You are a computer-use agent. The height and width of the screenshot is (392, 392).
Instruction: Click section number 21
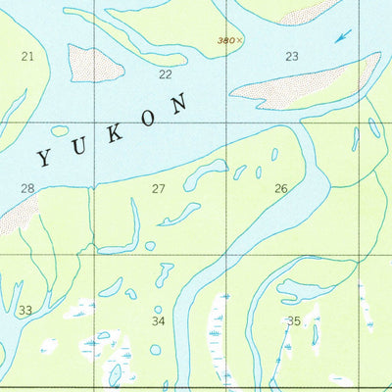pyautogui.click(x=27, y=56)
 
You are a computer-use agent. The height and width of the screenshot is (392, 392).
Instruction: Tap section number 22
pyautogui.click(x=165, y=74)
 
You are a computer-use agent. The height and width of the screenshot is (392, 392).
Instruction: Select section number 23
pyautogui.click(x=291, y=56)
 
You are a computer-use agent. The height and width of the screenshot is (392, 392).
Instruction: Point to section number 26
pyautogui.click(x=281, y=188)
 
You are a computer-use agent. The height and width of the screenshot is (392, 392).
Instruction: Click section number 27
pyautogui.click(x=158, y=188)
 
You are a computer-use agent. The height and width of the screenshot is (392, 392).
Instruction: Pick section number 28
pyautogui.click(x=27, y=188)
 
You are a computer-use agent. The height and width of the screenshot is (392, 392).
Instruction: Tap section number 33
pyautogui.click(x=25, y=311)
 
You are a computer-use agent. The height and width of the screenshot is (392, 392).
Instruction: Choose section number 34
pyautogui.click(x=158, y=320)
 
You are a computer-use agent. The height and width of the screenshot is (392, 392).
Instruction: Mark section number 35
pyautogui.click(x=293, y=320)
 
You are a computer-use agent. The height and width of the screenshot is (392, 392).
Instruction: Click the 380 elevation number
pyautogui.click(x=225, y=40)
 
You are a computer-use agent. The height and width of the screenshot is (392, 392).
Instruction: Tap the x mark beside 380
pyautogui.click(x=239, y=40)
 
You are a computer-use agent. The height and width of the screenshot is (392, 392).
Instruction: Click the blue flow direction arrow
pyautogui.click(x=341, y=36)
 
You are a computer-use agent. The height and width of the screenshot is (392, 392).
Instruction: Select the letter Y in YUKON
pyautogui.click(x=46, y=155)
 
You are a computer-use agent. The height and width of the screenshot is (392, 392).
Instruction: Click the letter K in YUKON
pyautogui.click(x=115, y=132)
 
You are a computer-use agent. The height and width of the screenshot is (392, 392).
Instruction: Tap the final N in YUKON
pyautogui.click(x=178, y=103)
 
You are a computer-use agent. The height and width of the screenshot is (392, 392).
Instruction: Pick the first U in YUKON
pyautogui.click(x=80, y=145)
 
